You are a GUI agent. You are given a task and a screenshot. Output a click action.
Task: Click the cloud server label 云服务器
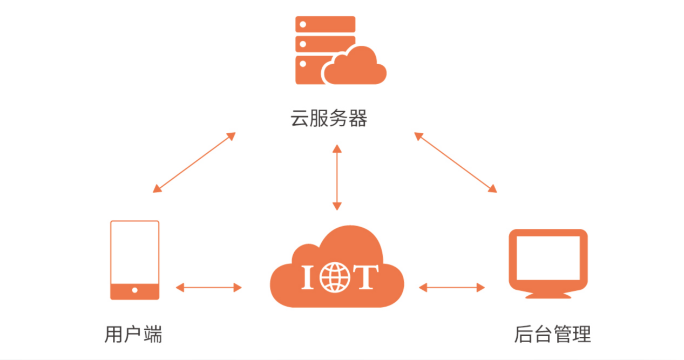tap(329, 118)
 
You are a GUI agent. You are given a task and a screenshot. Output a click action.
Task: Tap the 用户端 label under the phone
tap(133, 334)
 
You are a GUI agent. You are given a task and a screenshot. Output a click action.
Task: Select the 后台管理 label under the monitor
tap(552, 334)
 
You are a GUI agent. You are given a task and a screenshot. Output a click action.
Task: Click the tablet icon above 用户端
tap(134, 260)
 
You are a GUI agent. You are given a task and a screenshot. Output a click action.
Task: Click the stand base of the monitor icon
tap(548, 295)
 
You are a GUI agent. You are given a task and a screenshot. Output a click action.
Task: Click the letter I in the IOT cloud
tap(307, 276)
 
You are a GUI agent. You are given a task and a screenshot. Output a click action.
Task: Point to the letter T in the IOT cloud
tap(365, 276)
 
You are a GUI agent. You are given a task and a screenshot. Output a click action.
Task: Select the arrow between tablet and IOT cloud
tap(209, 288)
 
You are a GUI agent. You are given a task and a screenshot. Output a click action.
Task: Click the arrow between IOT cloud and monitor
tap(452, 288)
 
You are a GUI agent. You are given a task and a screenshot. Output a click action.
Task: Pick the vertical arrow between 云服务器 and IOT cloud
tap(337, 177)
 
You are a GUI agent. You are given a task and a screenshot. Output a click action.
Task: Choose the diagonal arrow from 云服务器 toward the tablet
tap(194, 162)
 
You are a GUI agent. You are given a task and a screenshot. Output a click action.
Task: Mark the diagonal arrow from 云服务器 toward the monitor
tap(455, 162)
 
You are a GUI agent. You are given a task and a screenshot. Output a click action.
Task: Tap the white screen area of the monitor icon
tap(548, 257)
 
